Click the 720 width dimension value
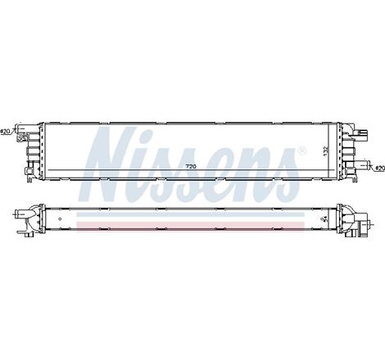pyautogui.click(x=192, y=168)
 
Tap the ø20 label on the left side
pyautogui.click(x=7, y=132)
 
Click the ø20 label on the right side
pyautogui.click(x=378, y=168)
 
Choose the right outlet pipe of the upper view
pyautogui.click(x=363, y=166)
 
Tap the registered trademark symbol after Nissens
pyautogui.click(x=304, y=151)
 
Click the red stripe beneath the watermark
pyautogui.click(x=193, y=223)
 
